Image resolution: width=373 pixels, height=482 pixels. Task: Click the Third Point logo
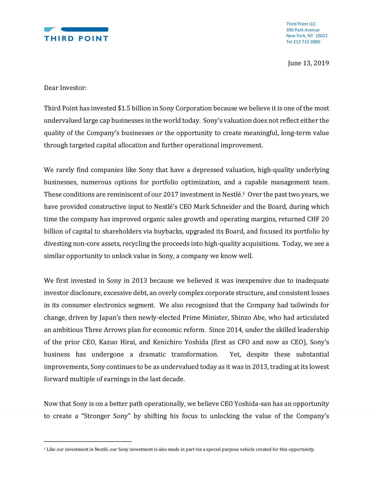(76, 34)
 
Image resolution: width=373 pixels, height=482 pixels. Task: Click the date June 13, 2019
(308, 63)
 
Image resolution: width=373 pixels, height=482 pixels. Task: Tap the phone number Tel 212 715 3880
(303, 42)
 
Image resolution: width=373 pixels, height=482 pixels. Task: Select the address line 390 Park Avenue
(302, 30)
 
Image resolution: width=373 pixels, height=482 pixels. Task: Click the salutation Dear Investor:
(65, 88)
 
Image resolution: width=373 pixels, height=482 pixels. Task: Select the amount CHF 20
(318, 219)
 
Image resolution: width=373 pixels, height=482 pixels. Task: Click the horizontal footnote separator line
(88, 442)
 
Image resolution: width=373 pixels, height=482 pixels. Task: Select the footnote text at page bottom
(179, 450)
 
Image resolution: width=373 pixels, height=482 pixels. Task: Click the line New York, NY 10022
(307, 36)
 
